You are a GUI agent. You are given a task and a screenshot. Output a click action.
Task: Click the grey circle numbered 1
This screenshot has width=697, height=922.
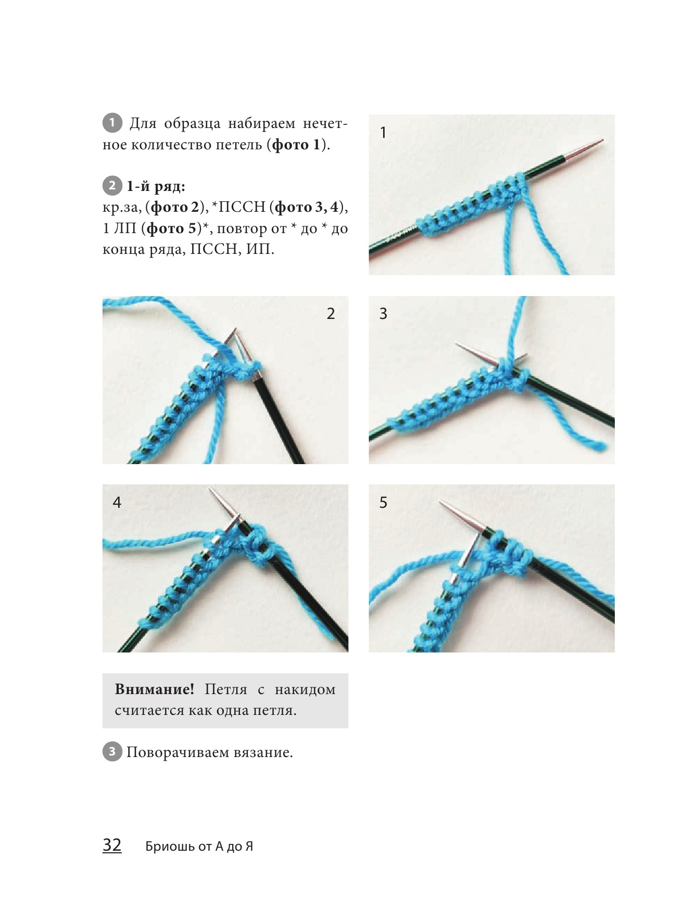coord(112,123)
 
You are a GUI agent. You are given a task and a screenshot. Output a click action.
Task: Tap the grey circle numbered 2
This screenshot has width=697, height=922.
coord(112,186)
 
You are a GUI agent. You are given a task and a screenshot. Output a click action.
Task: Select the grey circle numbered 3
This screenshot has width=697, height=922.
coord(112,752)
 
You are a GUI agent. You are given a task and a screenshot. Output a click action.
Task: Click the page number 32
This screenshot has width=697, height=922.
coord(112,845)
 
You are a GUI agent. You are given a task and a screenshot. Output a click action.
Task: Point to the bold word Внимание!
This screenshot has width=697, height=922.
coord(154,690)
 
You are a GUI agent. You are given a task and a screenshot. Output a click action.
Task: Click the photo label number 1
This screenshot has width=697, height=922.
coord(384,133)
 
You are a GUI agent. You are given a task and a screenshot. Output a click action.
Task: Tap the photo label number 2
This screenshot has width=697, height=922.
coord(331,313)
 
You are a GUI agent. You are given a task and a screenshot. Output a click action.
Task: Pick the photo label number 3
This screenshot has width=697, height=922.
coord(384,313)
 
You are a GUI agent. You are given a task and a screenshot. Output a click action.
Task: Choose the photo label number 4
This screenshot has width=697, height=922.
coord(117,502)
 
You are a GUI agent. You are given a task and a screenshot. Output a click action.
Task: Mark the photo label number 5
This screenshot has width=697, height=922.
coord(384,502)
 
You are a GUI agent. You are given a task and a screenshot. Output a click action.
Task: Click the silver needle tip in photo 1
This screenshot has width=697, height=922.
coord(603,139)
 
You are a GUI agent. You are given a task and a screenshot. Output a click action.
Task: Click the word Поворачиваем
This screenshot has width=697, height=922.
coord(177,753)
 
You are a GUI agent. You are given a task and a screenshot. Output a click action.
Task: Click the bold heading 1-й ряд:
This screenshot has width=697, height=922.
coord(156,186)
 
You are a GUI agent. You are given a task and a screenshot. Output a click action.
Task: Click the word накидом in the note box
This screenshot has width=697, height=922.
coord(305,690)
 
